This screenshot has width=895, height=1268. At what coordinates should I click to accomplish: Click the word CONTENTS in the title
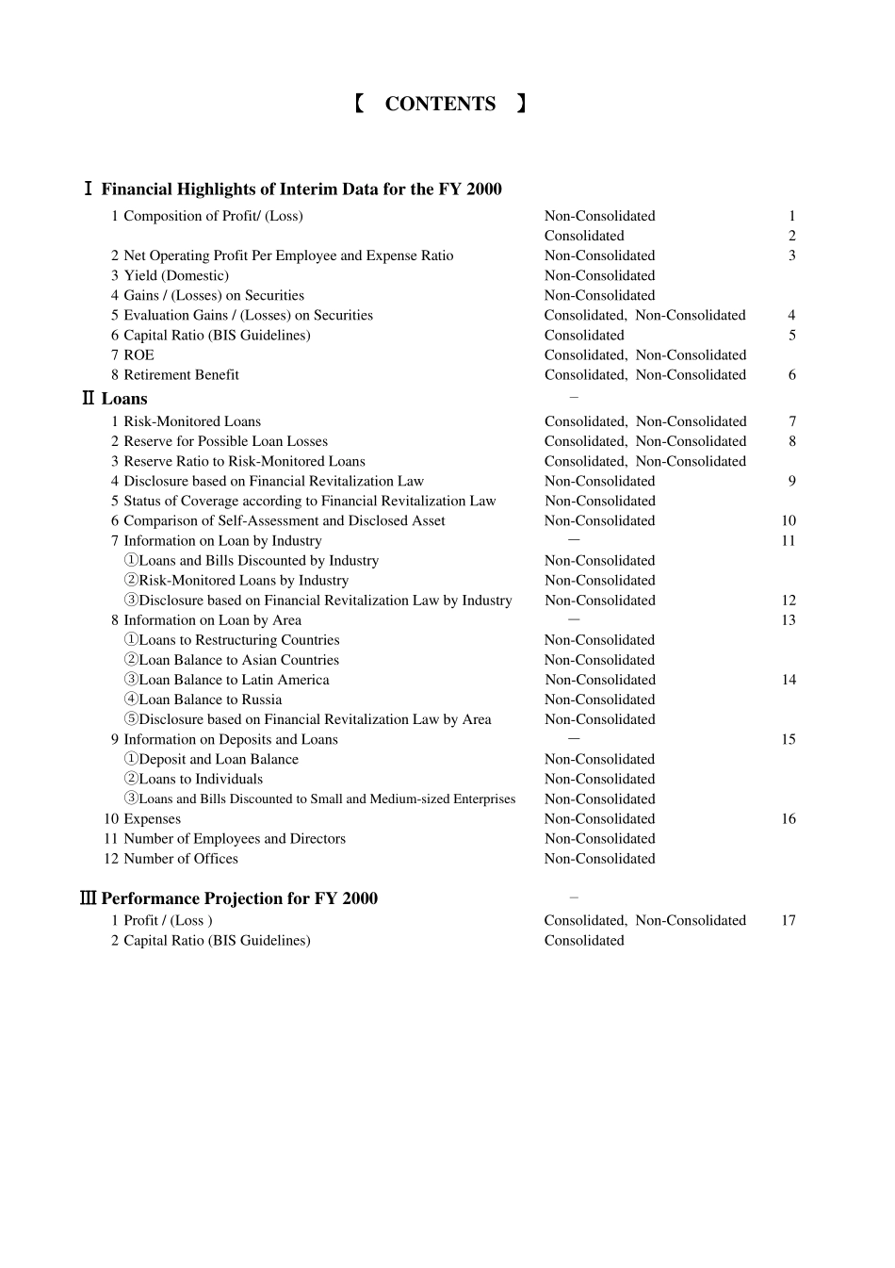[x=440, y=104]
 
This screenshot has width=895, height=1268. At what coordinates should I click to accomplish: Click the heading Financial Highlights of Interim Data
[x=301, y=189]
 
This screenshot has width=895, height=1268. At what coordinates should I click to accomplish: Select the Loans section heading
[x=124, y=399]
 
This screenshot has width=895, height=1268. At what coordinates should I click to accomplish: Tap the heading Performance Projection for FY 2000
[x=239, y=898]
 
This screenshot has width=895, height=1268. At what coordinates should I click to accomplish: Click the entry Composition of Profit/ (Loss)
[x=213, y=216]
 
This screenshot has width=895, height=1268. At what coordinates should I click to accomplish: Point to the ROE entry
[x=138, y=354]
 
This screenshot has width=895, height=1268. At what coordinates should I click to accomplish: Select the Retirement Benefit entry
[x=181, y=374]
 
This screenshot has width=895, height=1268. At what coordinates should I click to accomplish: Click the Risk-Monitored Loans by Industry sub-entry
[x=243, y=581]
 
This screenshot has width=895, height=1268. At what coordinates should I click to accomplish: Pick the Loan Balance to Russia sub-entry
[x=210, y=700]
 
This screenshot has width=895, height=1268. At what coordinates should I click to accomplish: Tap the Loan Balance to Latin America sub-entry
[x=234, y=680]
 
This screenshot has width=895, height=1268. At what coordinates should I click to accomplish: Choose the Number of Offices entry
[x=181, y=859]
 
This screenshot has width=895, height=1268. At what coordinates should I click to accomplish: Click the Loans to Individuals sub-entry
[x=201, y=779]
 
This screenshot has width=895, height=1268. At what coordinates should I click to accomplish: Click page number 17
[x=789, y=920]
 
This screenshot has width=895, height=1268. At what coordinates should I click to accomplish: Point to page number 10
[x=789, y=520]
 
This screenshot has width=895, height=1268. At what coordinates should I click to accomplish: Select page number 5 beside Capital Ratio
[x=792, y=335]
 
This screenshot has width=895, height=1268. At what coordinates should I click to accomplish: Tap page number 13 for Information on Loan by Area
[x=789, y=620]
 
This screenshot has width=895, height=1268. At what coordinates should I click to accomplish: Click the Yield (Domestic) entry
[x=176, y=275]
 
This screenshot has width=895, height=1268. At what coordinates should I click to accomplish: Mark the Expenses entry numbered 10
[x=152, y=819]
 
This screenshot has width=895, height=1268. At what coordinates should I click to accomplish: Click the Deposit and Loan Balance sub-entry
[x=219, y=759]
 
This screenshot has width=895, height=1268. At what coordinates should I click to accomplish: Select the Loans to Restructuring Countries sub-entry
[x=238, y=640]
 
